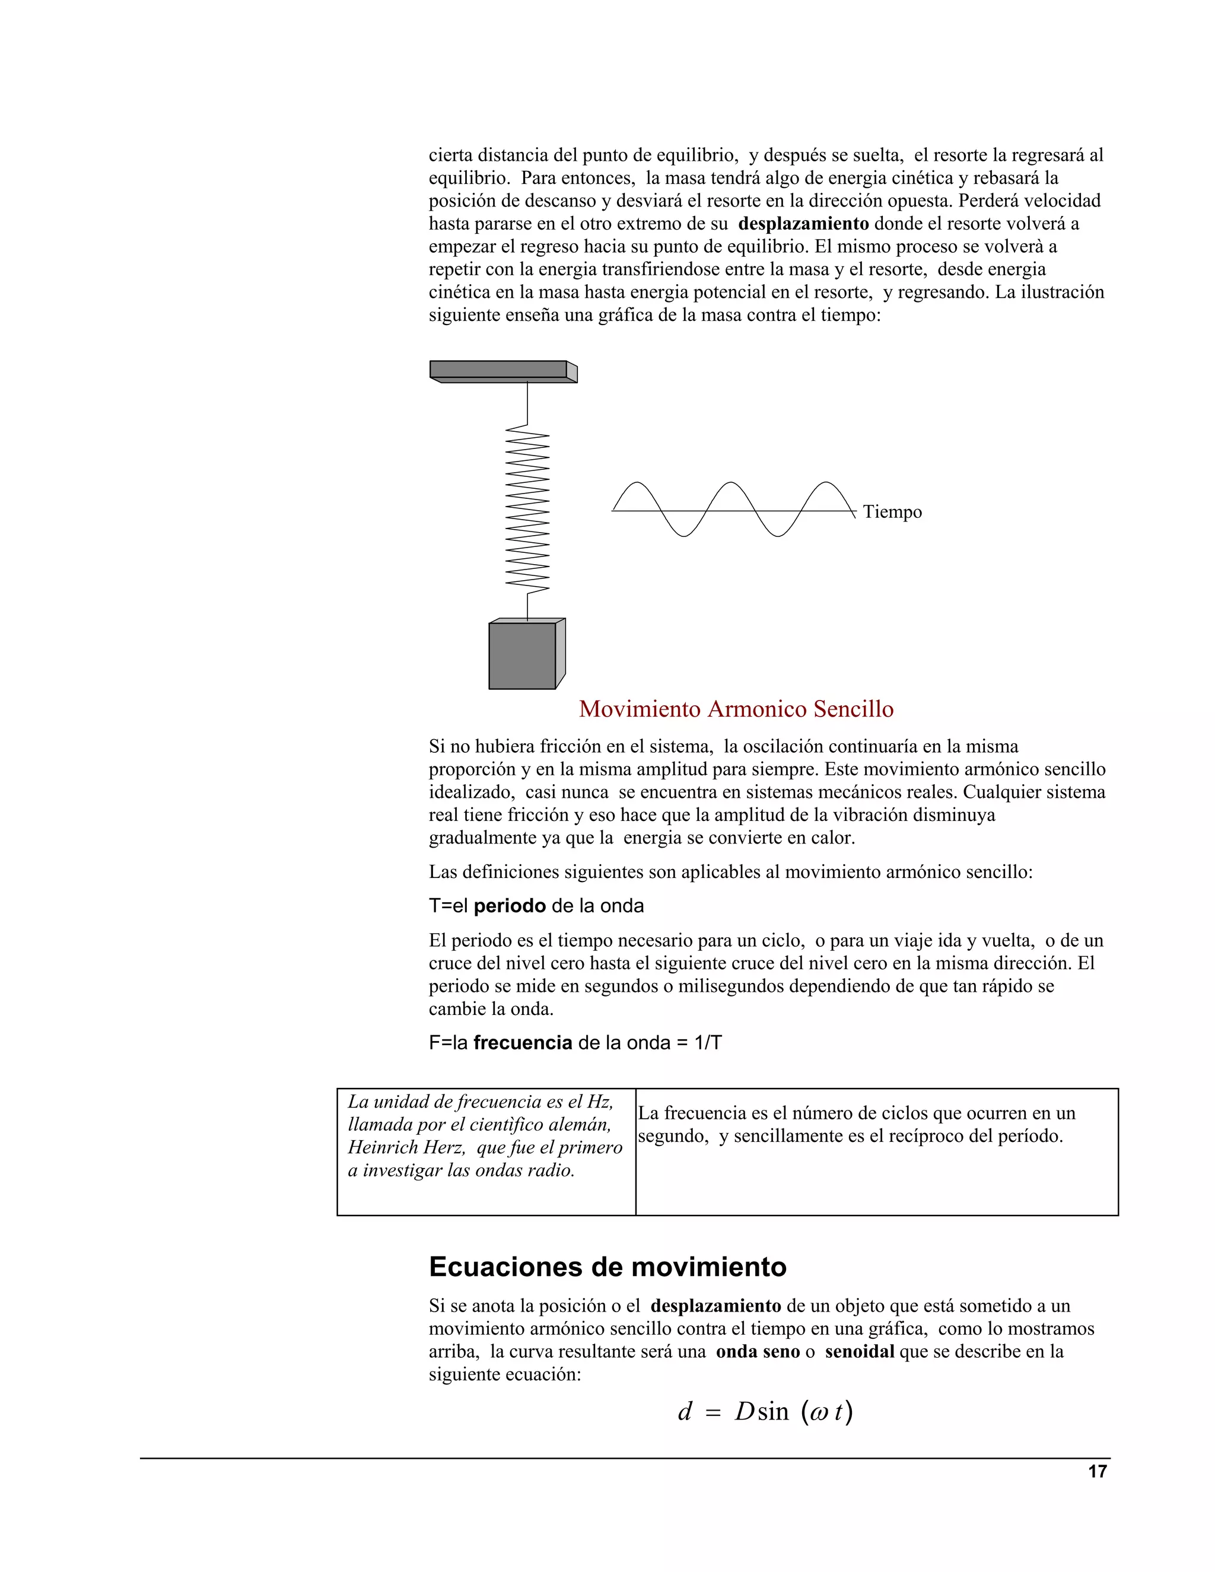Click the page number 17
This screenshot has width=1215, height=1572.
click(x=1097, y=1471)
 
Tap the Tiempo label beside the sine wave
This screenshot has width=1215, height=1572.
click(x=892, y=512)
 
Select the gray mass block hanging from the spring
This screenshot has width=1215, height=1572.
click(x=523, y=655)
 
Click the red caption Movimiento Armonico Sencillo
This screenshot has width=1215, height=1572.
click(x=736, y=709)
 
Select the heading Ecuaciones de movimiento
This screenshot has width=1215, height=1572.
click(x=607, y=1267)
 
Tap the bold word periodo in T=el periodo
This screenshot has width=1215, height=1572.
click(x=510, y=905)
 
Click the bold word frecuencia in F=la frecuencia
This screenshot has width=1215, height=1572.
click(x=523, y=1042)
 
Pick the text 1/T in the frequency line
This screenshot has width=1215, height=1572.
click(x=708, y=1042)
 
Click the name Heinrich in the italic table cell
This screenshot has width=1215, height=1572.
click(x=381, y=1147)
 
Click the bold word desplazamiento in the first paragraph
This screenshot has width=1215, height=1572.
click(x=803, y=224)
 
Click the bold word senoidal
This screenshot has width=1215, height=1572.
click(x=858, y=1352)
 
